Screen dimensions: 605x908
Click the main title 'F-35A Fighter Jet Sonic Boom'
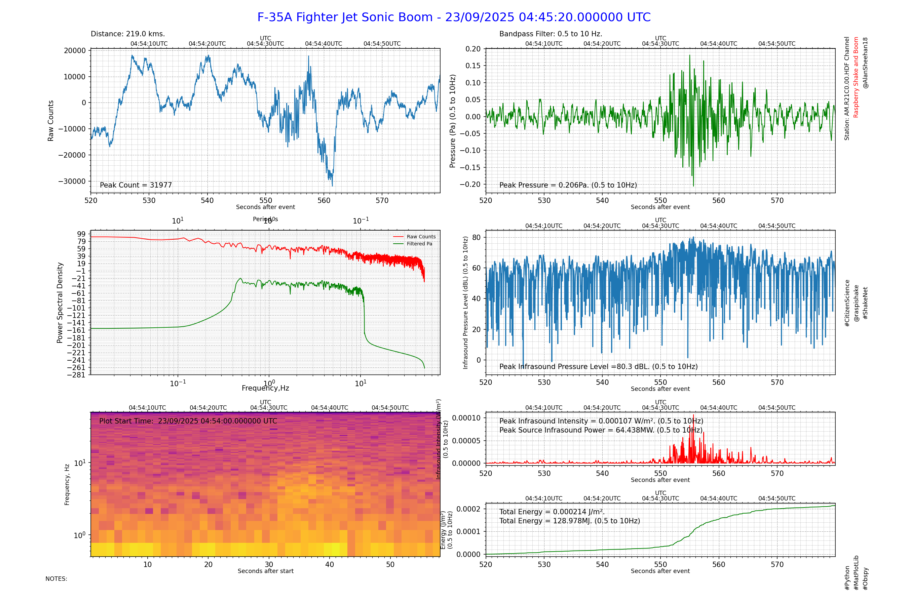(x=454, y=17)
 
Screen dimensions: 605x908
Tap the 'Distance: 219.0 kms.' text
(x=128, y=34)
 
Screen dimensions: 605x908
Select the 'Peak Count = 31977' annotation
(x=136, y=185)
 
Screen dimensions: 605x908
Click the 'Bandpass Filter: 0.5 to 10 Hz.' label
(x=551, y=34)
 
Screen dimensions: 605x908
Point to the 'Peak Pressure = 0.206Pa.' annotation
(x=568, y=185)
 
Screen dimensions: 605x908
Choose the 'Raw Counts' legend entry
(x=421, y=237)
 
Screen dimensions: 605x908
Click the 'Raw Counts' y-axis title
(x=50, y=121)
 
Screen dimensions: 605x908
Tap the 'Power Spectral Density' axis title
(x=60, y=303)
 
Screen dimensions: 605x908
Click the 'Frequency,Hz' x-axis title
(x=265, y=388)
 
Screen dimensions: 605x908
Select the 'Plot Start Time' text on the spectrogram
(x=188, y=421)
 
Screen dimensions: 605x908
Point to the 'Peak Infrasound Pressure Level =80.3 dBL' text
(x=598, y=367)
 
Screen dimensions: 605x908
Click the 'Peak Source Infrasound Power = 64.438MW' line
(x=601, y=430)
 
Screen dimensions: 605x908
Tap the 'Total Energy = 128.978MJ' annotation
(x=569, y=521)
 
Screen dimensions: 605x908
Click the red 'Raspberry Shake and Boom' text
(x=856, y=77)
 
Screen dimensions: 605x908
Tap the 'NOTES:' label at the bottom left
(x=56, y=579)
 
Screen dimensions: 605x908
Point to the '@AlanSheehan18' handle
(x=865, y=63)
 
